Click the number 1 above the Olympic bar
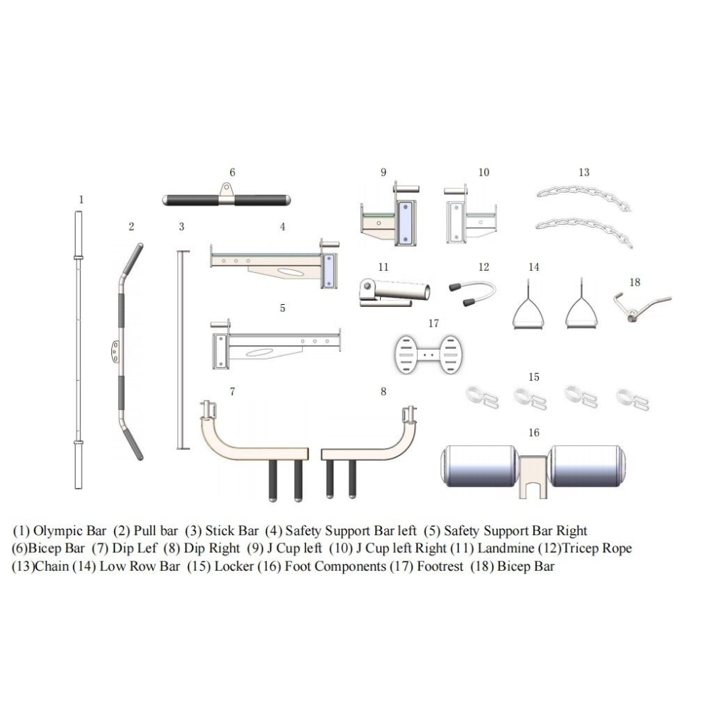click(x=82, y=200)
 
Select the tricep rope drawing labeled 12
click(x=472, y=293)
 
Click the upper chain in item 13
click(x=583, y=197)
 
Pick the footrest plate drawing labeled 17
click(x=428, y=354)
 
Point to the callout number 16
click(x=534, y=432)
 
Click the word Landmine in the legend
click(x=506, y=548)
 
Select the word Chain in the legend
click(x=52, y=566)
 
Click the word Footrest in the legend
click(x=440, y=566)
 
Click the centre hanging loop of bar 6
click(x=226, y=190)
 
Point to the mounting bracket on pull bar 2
click(x=115, y=352)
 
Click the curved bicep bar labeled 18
click(x=642, y=306)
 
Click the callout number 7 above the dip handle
click(x=233, y=391)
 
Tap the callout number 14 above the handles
click(x=534, y=267)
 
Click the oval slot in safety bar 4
click(x=290, y=272)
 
